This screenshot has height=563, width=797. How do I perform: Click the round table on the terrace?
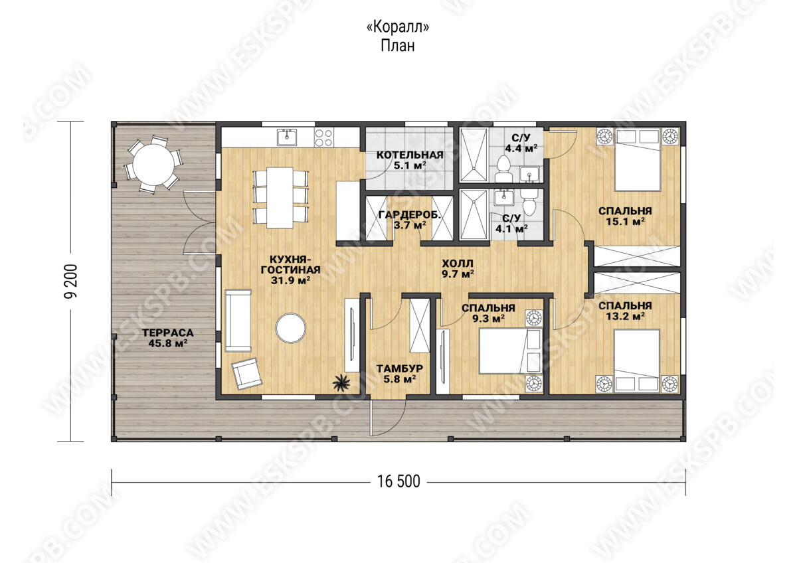tap(153, 164)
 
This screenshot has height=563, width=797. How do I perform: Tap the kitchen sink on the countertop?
tap(287, 137)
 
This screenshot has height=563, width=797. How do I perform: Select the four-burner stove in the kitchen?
tap(324, 137)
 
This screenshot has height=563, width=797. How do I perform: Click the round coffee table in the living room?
tap(291, 328)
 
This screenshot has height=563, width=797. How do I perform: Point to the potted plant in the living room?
tap(341, 383)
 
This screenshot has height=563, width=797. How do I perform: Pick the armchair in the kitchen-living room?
tap(246, 373)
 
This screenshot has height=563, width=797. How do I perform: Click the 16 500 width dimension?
tap(398, 481)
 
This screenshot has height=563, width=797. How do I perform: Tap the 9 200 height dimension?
tap(70, 281)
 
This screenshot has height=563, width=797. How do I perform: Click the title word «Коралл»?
tap(398, 27)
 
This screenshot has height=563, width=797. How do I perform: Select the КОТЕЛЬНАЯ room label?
tap(410, 155)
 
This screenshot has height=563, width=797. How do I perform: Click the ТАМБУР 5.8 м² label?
tap(400, 374)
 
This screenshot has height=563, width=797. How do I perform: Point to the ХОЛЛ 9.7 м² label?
tap(458, 268)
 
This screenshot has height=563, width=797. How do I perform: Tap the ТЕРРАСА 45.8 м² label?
tap(168, 338)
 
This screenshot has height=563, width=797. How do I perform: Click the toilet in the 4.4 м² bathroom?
tap(503, 169)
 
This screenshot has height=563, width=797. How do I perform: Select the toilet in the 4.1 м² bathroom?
tap(529, 202)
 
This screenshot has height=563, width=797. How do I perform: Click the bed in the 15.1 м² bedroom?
tap(637, 160)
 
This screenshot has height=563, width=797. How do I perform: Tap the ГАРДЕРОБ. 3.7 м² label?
tap(410, 220)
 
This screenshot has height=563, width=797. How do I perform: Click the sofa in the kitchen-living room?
tap(238, 321)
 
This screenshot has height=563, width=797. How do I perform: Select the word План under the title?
tap(398, 46)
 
